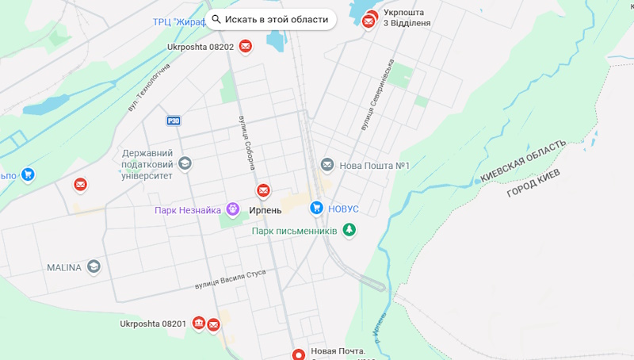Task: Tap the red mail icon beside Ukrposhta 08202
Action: pyautogui.click(x=246, y=47)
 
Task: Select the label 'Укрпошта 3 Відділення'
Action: pyautogui.click(x=407, y=17)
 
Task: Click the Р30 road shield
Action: pyautogui.click(x=174, y=121)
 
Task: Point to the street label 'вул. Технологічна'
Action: pyautogui.click(x=148, y=86)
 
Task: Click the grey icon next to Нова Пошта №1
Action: pyautogui.click(x=327, y=165)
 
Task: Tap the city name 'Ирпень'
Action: pyautogui.click(x=265, y=210)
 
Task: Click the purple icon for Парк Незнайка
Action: pyautogui.click(x=232, y=209)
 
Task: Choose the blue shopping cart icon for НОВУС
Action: pyautogui.click(x=316, y=208)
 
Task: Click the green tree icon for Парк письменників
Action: pyautogui.click(x=349, y=230)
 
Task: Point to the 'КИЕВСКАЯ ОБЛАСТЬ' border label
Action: pyautogui.click(x=523, y=162)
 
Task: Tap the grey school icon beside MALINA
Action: pyautogui.click(x=94, y=266)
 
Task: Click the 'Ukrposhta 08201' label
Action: pyautogui.click(x=153, y=324)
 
